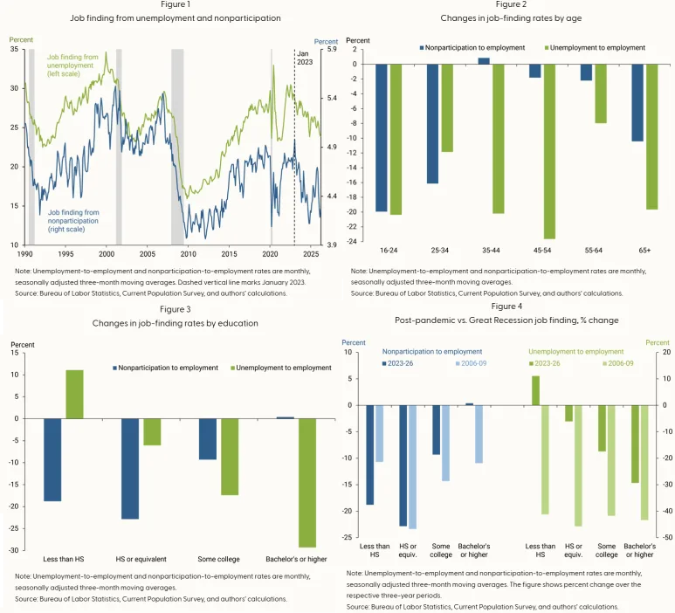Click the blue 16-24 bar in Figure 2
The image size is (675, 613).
tap(382, 138)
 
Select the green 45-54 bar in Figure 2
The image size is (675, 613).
tap(550, 152)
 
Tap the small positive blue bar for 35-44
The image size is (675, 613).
tap(484, 61)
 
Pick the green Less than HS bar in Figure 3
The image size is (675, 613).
tap(74, 395)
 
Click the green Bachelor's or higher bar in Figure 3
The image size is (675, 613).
tap(307, 483)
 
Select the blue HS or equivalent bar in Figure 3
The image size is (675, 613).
tap(130, 469)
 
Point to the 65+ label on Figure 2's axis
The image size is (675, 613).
tap(644, 250)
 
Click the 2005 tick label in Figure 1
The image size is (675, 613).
tap(148, 254)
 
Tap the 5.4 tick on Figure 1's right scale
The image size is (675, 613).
tap(332, 98)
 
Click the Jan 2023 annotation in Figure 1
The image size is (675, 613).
tap(305, 58)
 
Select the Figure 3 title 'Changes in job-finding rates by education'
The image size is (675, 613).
tap(176, 323)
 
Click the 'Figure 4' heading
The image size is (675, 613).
tap(506, 306)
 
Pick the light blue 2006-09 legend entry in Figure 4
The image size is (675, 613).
tap(471, 363)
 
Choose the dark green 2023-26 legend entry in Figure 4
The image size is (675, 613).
tap(545, 363)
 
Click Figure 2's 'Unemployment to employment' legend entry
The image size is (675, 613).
tap(595, 48)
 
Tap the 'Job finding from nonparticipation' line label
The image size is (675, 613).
tap(73, 221)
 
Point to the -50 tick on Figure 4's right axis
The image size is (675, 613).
tap(666, 537)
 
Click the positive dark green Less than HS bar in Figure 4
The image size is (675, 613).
tap(535, 390)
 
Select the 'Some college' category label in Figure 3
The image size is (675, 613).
tap(218, 559)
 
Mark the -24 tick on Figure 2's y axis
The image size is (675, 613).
tap(352, 241)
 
